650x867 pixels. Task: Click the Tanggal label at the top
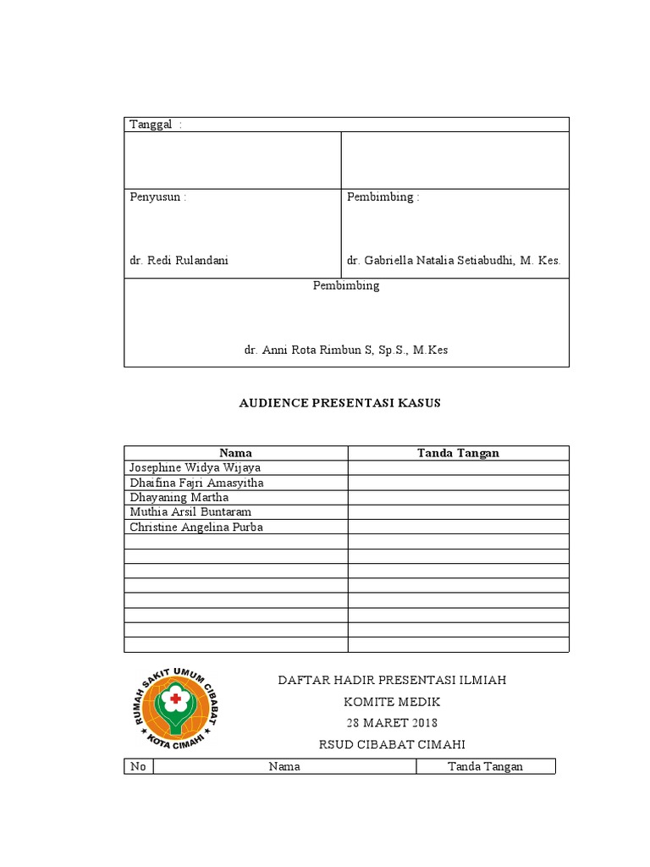(151, 124)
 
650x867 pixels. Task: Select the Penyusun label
(157, 197)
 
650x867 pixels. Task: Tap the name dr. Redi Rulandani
(179, 261)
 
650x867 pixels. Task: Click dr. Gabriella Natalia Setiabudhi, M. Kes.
(453, 261)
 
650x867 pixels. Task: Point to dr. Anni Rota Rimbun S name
(346, 350)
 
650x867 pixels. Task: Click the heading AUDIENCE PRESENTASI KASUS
(339, 403)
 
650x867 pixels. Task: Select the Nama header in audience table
(235, 453)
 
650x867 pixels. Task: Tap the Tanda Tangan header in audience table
(458, 453)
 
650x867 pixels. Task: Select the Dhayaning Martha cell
(179, 497)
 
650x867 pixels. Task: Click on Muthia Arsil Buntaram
(190, 512)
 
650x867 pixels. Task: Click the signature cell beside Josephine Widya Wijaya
(458, 467)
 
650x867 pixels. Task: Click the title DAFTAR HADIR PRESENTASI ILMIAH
(393, 680)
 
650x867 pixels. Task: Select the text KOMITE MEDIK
(392, 702)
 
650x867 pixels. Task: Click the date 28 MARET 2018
(392, 723)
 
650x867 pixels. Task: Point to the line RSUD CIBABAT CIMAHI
(392, 744)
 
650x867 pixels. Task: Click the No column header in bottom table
(138, 766)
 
